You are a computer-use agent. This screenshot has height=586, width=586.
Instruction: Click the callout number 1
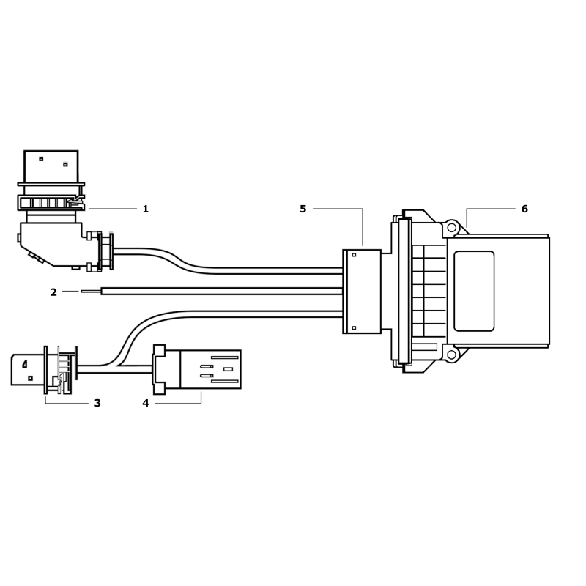pyautogui.click(x=145, y=209)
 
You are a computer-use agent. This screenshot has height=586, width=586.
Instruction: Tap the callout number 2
pyautogui.click(x=53, y=293)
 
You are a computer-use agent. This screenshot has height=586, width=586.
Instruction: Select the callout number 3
pyautogui.click(x=97, y=403)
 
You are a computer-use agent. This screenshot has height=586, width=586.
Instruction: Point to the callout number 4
pyautogui.click(x=145, y=403)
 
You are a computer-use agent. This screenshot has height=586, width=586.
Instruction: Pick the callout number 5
pyautogui.click(x=303, y=209)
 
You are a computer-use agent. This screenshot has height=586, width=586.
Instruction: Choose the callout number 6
pyautogui.click(x=524, y=209)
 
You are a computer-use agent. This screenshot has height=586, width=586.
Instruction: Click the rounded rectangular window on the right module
pyautogui.click(x=474, y=290)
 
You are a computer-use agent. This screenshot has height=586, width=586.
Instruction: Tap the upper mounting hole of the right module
pyautogui.click(x=451, y=228)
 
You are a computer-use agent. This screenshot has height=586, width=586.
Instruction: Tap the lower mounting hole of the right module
pyautogui.click(x=451, y=355)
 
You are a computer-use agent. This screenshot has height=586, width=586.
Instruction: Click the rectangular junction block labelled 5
pyautogui.click(x=363, y=292)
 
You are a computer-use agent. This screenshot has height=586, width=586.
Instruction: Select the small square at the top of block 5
pyautogui.click(x=354, y=255)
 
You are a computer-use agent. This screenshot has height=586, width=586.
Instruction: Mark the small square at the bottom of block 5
pyautogui.click(x=354, y=328)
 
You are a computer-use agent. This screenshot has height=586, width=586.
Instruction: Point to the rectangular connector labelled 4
pyautogui.click(x=209, y=369)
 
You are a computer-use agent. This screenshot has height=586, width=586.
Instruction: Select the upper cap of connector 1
pyautogui.click(x=51, y=167)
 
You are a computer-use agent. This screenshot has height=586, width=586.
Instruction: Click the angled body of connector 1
pyautogui.click(x=55, y=245)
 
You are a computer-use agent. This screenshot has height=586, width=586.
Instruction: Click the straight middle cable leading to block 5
pyautogui.click(x=220, y=291)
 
